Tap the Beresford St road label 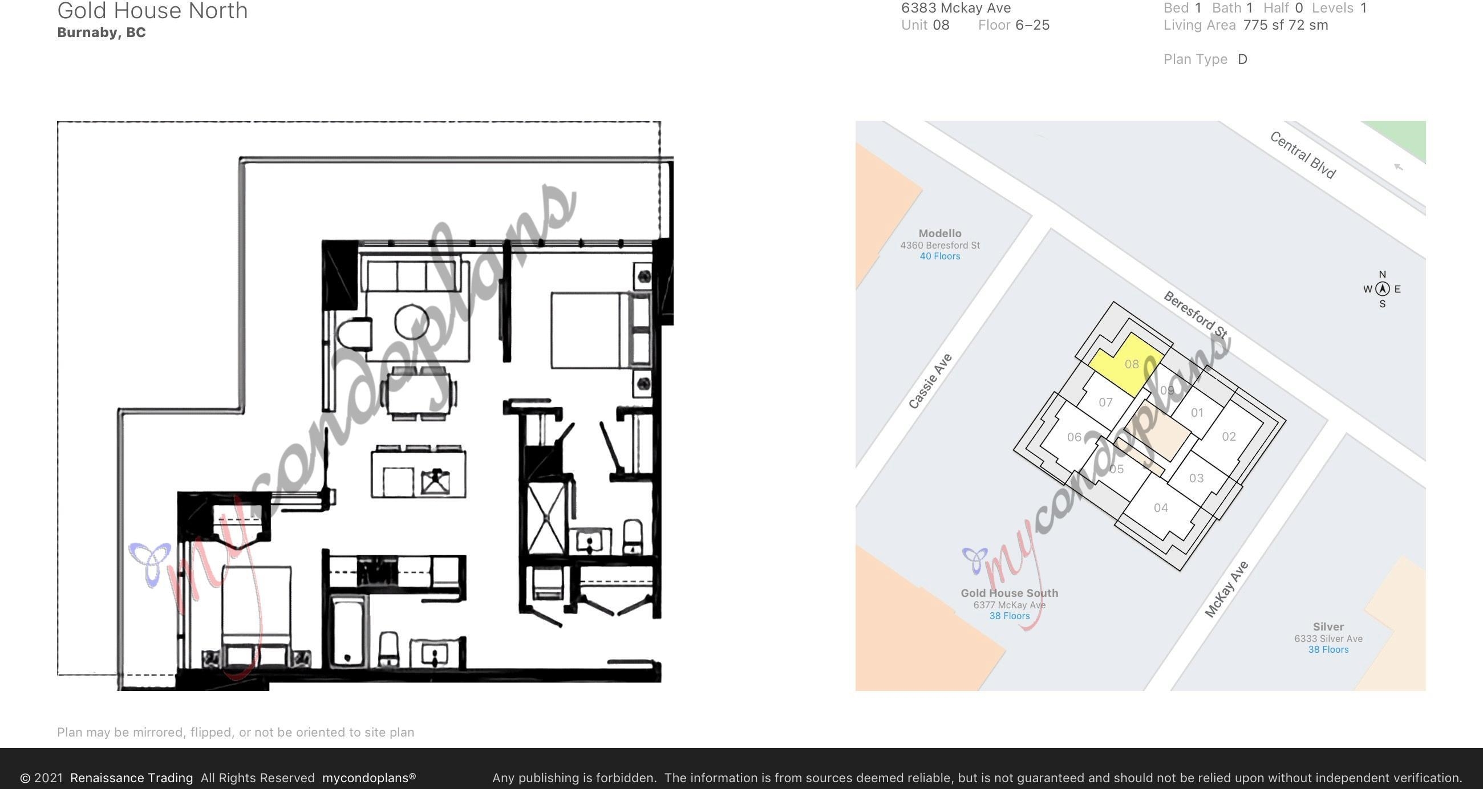(x=1195, y=314)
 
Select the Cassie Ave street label (x=930, y=381)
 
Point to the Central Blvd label (x=1302, y=155)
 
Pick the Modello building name (x=939, y=233)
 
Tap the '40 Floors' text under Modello (x=939, y=256)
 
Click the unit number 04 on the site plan (x=1161, y=507)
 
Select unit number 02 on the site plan (x=1229, y=436)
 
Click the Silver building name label (x=1328, y=627)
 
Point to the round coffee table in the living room (x=412, y=322)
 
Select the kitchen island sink (x=435, y=482)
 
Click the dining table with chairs (x=420, y=393)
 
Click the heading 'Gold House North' (x=152, y=10)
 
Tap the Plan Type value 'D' (x=1242, y=59)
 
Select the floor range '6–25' (x=1032, y=25)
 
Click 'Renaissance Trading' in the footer (x=131, y=778)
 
